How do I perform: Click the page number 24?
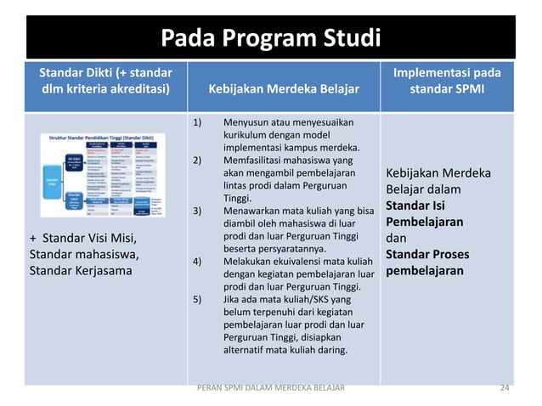pos(505,387)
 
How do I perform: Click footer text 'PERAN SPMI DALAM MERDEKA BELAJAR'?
pos(270,387)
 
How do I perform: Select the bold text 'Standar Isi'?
pos(416,206)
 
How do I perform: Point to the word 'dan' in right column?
pos(398,238)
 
